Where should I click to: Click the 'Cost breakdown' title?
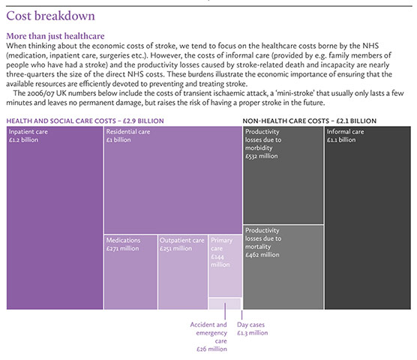coord(50,16)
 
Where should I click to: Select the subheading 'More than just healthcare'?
coord(55,36)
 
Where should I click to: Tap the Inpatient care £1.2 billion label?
coord(28,136)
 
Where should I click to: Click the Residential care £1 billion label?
coord(128,136)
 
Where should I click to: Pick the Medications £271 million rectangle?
coord(130,272)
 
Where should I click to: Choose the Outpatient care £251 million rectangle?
coord(183,272)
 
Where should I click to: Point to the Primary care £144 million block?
coord(225,266)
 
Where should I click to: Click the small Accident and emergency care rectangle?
coord(225,304)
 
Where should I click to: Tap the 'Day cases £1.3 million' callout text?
coord(253,328)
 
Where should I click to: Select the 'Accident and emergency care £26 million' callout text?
coord(208,337)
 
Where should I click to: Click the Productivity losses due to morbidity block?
coord(283,175)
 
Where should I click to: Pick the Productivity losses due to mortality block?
coord(283,268)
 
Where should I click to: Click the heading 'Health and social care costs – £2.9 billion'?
coord(85,121)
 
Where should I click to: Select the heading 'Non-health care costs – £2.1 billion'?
coord(309,121)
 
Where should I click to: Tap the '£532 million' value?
coord(262,156)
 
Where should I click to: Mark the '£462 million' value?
coord(262,255)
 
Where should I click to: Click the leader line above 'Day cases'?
coord(241,315)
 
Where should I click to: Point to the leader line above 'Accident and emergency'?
coord(225,311)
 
